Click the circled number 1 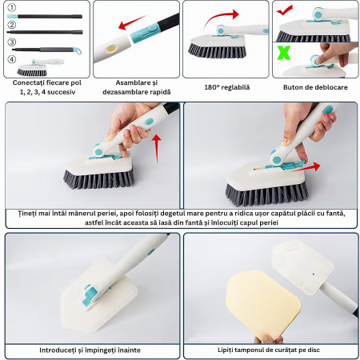click(12, 7)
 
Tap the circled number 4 click(12, 59)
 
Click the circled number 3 click(12, 42)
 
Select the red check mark click(284, 10)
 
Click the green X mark click(284, 53)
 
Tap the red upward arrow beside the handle click(157, 149)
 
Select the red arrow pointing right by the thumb click(306, 167)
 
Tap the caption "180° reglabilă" click(227, 87)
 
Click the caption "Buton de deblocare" click(315, 87)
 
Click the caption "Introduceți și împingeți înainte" click(90, 350)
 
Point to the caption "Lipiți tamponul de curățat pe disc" click(269, 350)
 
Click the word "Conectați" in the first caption click(29, 82)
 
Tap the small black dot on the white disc click(314, 274)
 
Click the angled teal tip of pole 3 click(77, 50)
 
